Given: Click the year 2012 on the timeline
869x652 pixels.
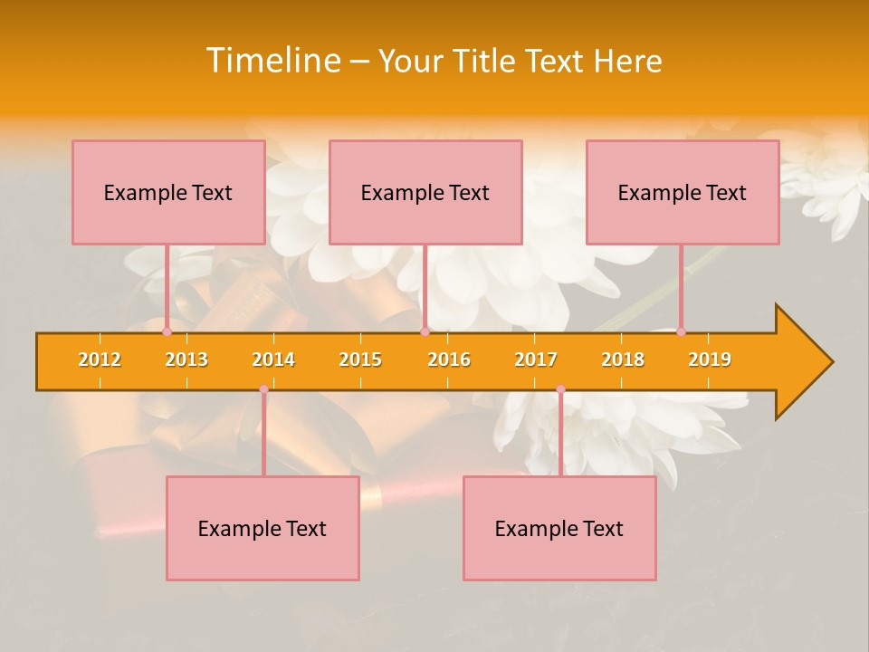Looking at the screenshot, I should (x=100, y=360).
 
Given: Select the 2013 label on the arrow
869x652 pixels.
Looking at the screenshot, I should (x=186, y=360).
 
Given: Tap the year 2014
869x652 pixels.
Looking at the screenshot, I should (x=273, y=360).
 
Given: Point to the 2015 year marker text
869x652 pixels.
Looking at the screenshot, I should (x=360, y=360).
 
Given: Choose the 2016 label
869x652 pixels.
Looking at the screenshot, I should (x=449, y=360).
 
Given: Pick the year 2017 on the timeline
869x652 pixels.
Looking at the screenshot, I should (x=536, y=360).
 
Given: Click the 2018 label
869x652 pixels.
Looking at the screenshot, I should (x=623, y=360).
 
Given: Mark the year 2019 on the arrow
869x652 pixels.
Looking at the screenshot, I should (x=710, y=360).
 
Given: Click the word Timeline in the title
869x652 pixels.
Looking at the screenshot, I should (x=272, y=61).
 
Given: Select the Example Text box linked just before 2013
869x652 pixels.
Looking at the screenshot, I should (x=168, y=192).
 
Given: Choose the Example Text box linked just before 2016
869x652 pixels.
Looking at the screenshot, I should (x=425, y=192).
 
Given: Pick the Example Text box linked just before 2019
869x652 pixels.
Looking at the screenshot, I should (x=683, y=192).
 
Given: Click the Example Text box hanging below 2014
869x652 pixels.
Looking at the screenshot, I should (x=263, y=528).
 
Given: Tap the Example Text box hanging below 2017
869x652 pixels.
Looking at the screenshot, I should (x=559, y=528).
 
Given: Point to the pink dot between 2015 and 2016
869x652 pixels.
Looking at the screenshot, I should (x=425, y=331).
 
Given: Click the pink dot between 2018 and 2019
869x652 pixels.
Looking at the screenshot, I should (x=681, y=331).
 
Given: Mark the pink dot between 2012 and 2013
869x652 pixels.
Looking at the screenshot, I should (x=167, y=331).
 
